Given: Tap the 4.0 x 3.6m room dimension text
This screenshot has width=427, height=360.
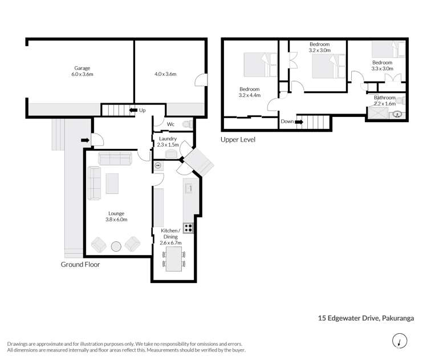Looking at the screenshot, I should point(165,74).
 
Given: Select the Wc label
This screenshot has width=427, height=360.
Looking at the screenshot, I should point(170,124).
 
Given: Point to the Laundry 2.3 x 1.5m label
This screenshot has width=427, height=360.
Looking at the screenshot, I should point(168,141).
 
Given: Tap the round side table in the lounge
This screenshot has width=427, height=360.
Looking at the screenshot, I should point(116,246).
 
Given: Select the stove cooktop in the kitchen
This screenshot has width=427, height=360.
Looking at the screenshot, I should point(188,228).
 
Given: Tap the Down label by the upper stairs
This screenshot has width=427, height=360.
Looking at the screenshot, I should point(287,122).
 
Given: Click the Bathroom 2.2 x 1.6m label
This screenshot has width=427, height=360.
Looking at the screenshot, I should point(384,100).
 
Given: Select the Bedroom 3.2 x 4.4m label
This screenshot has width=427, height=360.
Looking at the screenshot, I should point(250,92).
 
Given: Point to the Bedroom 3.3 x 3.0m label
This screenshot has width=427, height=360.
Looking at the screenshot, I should point(382,66).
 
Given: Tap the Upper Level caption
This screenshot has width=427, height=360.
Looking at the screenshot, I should point(238,139).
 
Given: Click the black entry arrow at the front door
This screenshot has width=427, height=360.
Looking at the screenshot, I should point(84,140).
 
